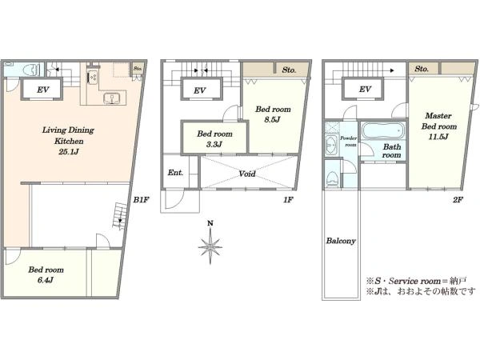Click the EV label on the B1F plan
point(43,90)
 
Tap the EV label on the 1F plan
point(199,90)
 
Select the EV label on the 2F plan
point(365,90)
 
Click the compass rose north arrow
point(210,242)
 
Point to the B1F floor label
point(141,200)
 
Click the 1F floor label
point(288,200)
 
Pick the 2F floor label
point(458,200)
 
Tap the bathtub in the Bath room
point(383,130)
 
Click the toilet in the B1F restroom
point(31,70)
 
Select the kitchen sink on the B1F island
point(112,98)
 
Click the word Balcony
point(341,241)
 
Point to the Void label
point(247,174)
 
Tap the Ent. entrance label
point(175,173)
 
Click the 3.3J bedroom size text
point(214,144)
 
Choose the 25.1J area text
point(69,151)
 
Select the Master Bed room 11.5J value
point(438,137)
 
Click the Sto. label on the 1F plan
point(289,70)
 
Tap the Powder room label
point(348,142)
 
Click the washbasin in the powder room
point(330,143)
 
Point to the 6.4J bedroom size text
point(46,280)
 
